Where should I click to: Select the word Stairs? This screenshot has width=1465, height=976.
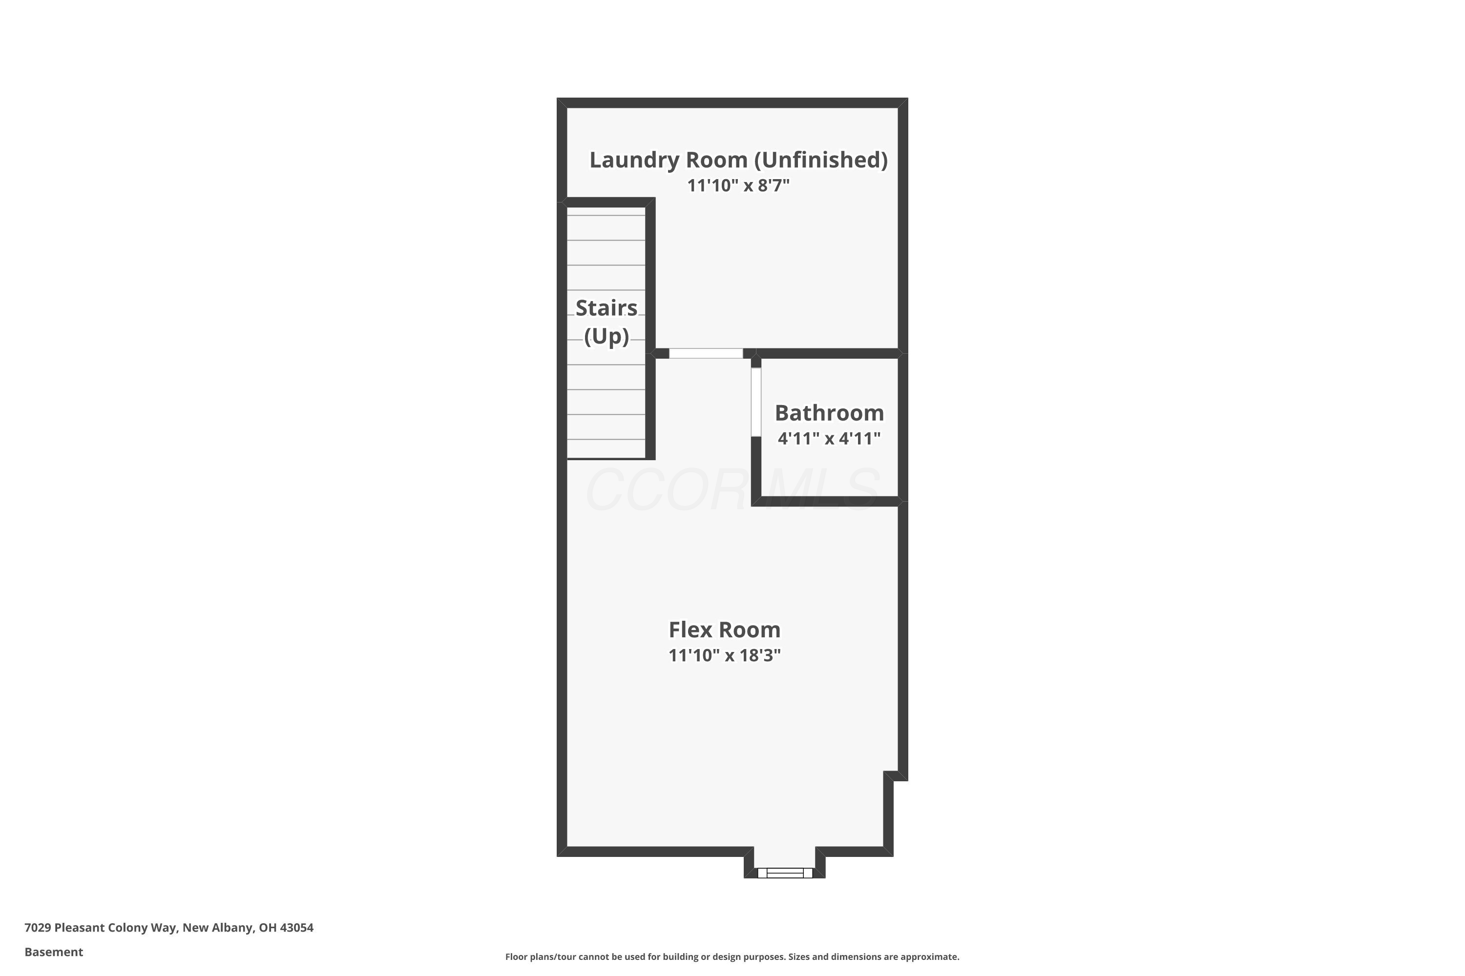pos(606,308)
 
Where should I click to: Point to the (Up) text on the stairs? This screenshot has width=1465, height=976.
pos(606,336)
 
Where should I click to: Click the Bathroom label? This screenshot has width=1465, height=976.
pos(829,413)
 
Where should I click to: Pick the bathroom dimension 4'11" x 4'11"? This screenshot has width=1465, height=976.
pos(829,438)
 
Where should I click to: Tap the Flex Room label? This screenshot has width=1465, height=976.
pos(724,630)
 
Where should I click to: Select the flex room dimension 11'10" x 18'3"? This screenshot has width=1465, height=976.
pos(724,655)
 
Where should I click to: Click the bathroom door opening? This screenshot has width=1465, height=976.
pos(755,402)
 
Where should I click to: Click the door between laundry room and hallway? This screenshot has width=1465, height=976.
pos(706,353)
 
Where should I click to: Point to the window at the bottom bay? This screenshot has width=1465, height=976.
pos(785,873)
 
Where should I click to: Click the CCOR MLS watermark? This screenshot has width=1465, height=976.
pos(732,490)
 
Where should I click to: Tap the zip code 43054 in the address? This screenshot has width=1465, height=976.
pos(296,928)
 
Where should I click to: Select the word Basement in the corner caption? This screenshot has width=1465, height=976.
pos(54,952)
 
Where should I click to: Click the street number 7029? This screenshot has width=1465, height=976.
pos(38,928)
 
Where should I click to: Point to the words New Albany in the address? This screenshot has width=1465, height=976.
pos(217,928)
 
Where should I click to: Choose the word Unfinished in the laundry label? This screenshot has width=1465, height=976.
pos(821,160)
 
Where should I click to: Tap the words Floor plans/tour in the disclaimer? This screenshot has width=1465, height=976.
pos(541,956)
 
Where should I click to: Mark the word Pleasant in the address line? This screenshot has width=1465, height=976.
pos(79,928)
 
